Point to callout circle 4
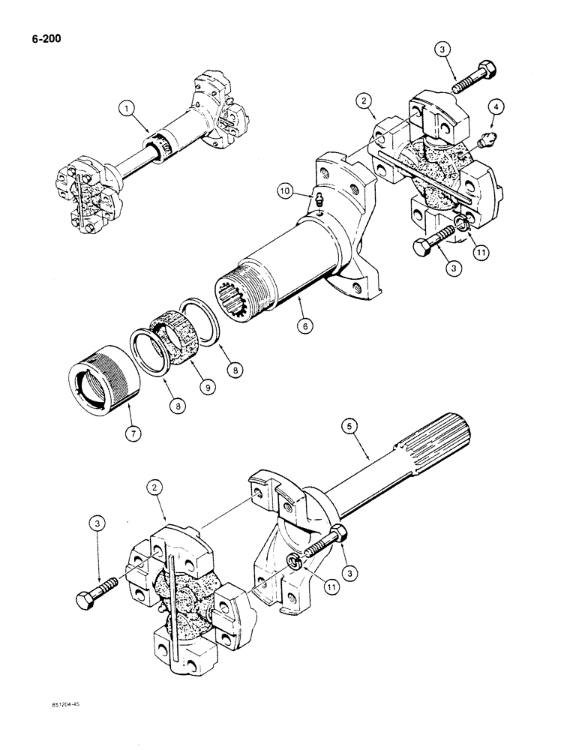tap(495, 109)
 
